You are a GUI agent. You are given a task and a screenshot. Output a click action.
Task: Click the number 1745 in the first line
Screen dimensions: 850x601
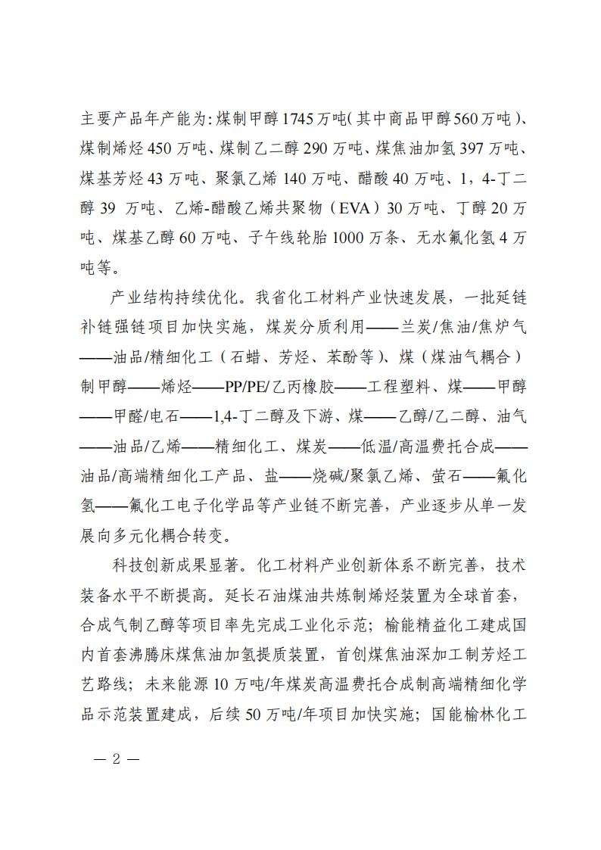point(299,119)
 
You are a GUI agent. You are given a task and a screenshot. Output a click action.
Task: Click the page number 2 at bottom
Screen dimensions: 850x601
point(116,758)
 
